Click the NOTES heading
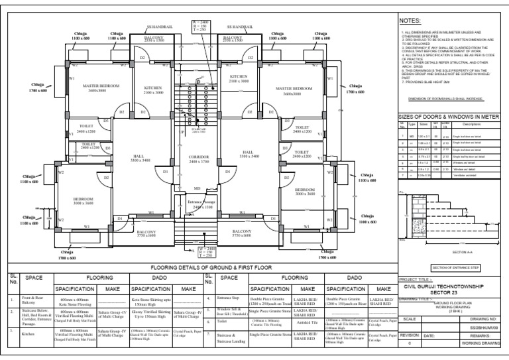pyautogui.click(x=412, y=22)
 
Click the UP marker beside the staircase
pyautogui.click(x=182, y=132)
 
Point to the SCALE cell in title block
pyautogui.click(x=406, y=319)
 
